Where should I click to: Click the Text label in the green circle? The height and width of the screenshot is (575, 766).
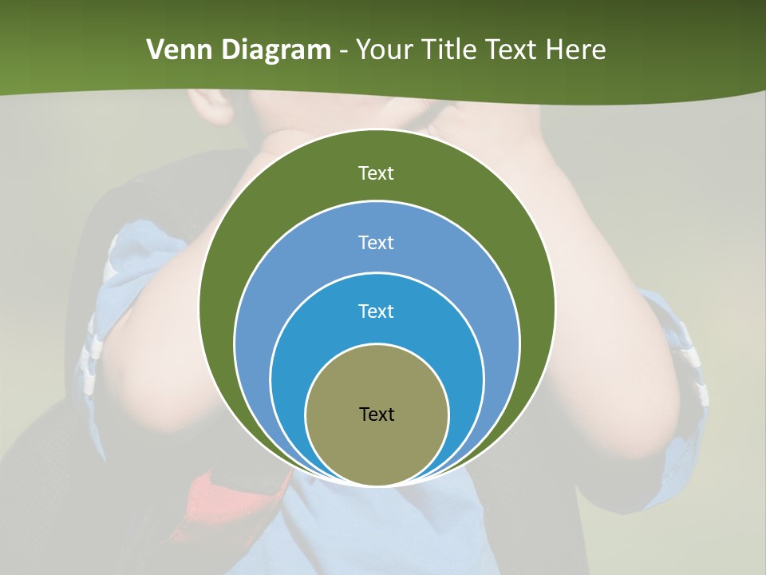[376, 173]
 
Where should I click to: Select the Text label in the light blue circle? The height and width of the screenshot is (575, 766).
[376, 242]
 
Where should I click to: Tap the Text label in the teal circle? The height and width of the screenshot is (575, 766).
[376, 311]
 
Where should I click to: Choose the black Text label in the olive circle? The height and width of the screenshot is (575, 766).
[377, 414]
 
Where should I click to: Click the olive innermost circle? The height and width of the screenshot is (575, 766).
[377, 439]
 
